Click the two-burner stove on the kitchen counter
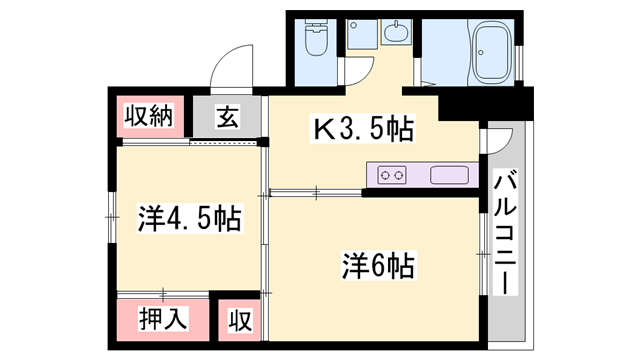click(393, 175)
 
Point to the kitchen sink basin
click(450, 175)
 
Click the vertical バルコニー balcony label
click(506, 233)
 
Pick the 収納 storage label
click(148, 116)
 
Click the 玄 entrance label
click(227, 117)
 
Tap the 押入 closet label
click(161, 319)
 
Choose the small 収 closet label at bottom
click(240, 320)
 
